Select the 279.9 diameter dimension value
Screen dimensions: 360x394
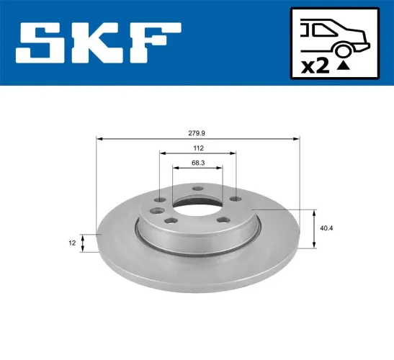pyautogui.click(x=197, y=132)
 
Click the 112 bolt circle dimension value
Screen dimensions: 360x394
pyautogui.click(x=197, y=149)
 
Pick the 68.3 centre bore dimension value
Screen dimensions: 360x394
pyautogui.click(x=197, y=163)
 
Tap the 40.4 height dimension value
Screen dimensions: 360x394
pyautogui.click(x=326, y=229)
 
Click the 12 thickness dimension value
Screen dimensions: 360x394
pyautogui.click(x=73, y=243)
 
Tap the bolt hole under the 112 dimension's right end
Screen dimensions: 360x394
pyautogui.click(x=235, y=201)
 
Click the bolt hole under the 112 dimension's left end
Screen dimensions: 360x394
pyautogui.click(x=160, y=201)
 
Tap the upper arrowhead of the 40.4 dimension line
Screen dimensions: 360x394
pyautogui.click(x=314, y=212)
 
